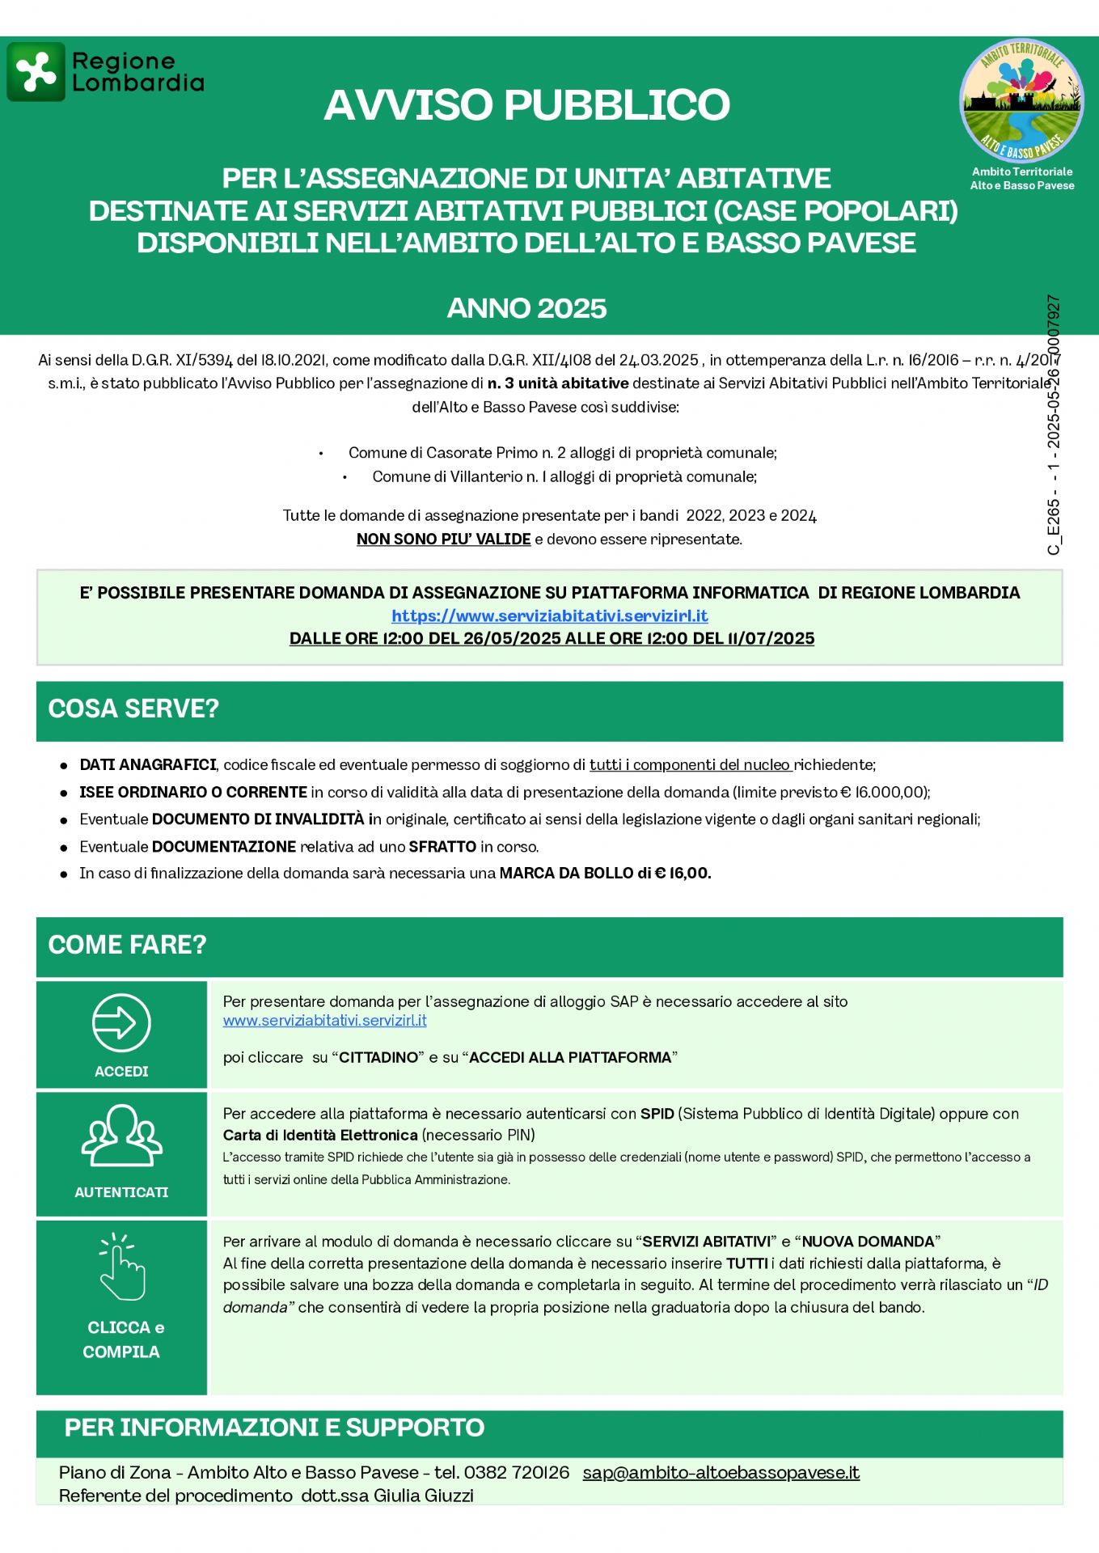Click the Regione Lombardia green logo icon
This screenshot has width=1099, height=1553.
click(x=36, y=72)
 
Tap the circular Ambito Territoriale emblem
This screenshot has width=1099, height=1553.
click(x=1022, y=100)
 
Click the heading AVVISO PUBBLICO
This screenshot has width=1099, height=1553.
click(x=526, y=105)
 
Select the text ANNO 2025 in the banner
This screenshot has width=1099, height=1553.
click(x=526, y=308)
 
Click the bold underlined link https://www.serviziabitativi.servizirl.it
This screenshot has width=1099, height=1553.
click(x=550, y=616)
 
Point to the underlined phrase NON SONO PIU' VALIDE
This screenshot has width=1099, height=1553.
click(x=443, y=540)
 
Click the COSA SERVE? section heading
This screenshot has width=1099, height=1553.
click(x=133, y=709)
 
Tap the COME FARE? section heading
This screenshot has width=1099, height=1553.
click(x=127, y=945)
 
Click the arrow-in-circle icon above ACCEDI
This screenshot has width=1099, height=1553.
click(x=121, y=1022)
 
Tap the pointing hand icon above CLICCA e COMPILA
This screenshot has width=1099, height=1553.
click(x=121, y=1267)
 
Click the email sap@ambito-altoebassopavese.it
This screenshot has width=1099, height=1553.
click(x=721, y=1472)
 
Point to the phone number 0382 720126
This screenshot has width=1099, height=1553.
click(x=517, y=1472)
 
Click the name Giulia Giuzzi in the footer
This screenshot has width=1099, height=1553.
click(x=423, y=1496)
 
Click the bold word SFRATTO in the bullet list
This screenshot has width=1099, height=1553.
click(x=442, y=847)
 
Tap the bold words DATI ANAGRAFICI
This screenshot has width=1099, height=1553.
click(x=148, y=765)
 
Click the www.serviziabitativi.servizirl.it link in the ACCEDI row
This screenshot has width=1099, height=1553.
click(x=324, y=1021)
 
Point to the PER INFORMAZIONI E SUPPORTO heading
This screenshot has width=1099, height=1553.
click(x=274, y=1428)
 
